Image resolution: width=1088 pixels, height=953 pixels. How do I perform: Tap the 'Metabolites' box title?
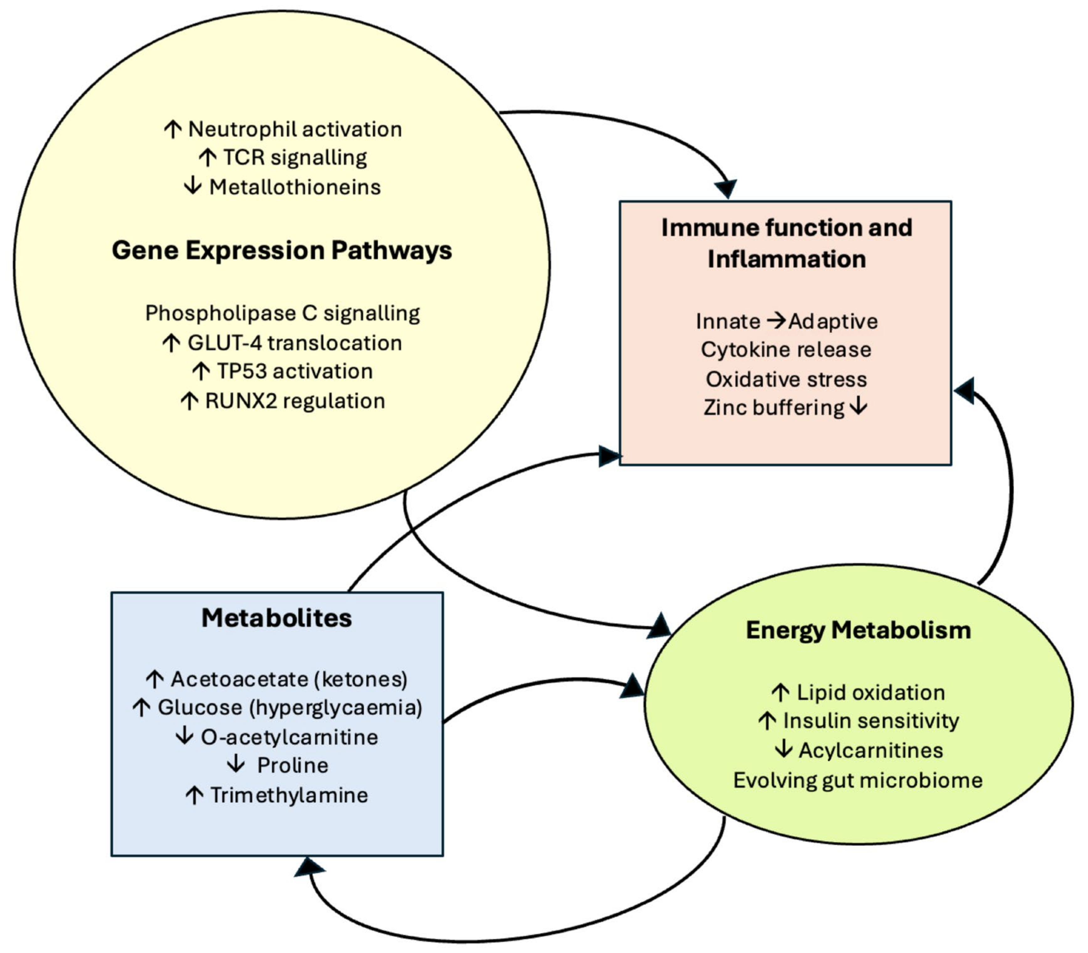276,618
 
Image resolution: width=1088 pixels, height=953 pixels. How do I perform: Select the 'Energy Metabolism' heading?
858,630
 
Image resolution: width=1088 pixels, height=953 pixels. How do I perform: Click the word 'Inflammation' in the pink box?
787,259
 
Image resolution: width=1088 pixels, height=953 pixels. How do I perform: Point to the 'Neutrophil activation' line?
295,129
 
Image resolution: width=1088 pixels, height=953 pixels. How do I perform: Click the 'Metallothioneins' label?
295,187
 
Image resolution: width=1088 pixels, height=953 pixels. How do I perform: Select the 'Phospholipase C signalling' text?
282,313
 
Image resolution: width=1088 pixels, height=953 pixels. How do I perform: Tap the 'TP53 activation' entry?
295,371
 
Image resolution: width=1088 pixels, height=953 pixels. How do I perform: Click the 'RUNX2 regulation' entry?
295,401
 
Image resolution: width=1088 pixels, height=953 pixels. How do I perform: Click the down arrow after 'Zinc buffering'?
858,407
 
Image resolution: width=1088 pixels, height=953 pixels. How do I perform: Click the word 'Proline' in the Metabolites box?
292,765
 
